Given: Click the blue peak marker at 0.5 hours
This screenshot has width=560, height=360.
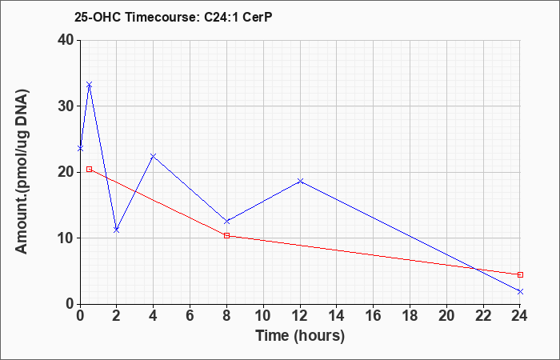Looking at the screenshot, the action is click(x=90, y=85).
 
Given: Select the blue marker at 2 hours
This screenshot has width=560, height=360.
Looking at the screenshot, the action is click(x=117, y=230).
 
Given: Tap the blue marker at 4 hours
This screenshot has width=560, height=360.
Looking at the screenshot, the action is click(x=154, y=156).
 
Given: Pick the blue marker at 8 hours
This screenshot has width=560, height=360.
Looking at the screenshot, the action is click(x=226, y=222).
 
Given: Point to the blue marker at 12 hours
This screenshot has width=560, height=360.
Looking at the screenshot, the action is click(x=300, y=181).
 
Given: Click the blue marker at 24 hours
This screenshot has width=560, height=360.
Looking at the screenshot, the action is click(x=520, y=292).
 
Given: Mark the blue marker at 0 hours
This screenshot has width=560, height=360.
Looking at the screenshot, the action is click(x=80, y=148).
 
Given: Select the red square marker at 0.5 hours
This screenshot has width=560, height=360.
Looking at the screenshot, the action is click(x=90, y=170).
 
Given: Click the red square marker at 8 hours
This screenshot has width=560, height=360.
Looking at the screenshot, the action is click(x=226, y=236).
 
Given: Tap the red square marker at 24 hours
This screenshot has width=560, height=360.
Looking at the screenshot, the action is click(x=520, y=274).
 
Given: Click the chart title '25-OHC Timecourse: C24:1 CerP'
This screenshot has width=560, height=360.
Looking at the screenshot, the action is click(x=174, y=17).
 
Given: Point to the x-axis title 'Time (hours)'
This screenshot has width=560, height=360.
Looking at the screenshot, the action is click(x=300, y=336).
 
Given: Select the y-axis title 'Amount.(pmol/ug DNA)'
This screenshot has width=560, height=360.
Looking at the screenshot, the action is click(x=22, y=172).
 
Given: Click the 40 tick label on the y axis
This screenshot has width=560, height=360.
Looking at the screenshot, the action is click(x=66, y=40).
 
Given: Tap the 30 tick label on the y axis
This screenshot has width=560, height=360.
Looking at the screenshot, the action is click(x=66, y=106).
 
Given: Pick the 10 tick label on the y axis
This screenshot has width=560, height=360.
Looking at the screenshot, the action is click(x=66, y=238).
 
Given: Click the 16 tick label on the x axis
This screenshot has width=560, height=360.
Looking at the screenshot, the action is click(x=374, y=316).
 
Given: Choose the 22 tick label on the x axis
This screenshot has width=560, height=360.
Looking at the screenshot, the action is click(x=483, y=316).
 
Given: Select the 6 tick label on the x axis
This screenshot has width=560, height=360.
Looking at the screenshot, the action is click(x=190, y=316).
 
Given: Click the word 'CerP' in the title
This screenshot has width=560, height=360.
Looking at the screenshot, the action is click(x=257, y=17).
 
